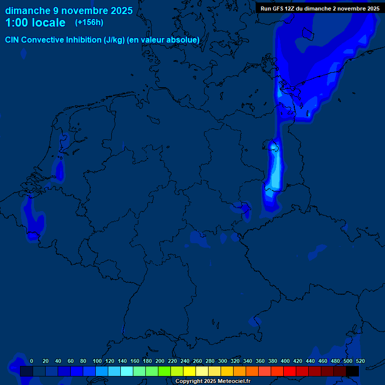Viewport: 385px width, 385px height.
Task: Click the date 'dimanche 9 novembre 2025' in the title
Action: coord(69,11)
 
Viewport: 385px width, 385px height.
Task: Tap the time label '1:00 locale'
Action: coord(35,23)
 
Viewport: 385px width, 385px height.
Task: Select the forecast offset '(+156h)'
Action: coord(89,22)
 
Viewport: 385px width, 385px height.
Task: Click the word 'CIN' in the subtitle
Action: coord(13,40)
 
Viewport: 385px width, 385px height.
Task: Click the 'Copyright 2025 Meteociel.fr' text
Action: coord(213,381)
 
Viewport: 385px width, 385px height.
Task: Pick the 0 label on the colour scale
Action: coord(32,361)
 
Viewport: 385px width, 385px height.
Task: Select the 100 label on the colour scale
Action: coord(97,361)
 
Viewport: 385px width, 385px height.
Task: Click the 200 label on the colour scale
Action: coord(160,361)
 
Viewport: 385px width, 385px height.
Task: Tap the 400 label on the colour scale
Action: coord(285,361)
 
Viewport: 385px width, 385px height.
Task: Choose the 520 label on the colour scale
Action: coord(360,361)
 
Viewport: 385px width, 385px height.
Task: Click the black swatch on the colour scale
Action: coord(352,371)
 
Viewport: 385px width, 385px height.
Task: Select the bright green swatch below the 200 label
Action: coord(164,371)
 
